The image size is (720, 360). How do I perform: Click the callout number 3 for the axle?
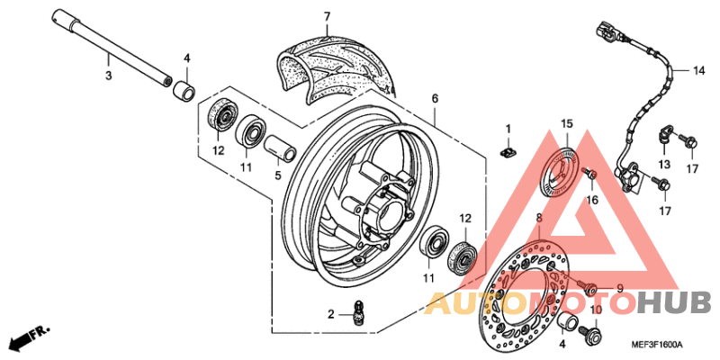pos(107,76)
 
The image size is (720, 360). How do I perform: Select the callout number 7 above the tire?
pos(327,16)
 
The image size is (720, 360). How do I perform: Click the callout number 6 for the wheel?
pos(434,98)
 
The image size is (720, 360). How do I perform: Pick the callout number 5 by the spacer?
pos(277,175)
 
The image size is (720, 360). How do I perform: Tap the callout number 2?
pos(330,314)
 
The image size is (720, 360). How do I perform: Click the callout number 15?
pos(567,123)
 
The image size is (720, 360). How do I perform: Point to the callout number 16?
pos(591,200)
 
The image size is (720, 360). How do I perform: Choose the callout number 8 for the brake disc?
pos(538,219)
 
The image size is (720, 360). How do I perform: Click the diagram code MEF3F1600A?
pos(656,345)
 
